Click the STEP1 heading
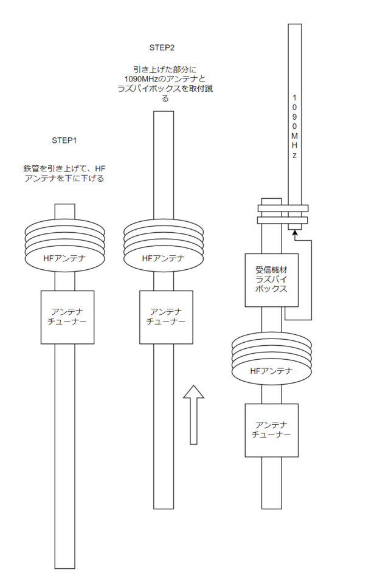point(64,140)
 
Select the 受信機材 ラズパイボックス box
point(271,280)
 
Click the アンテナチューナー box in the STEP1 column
point(65,317)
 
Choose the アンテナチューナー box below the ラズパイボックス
point(271,430)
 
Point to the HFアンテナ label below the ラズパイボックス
point(271,371)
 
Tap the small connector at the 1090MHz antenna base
point(294,227)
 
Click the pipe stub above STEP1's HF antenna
point(64,211)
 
